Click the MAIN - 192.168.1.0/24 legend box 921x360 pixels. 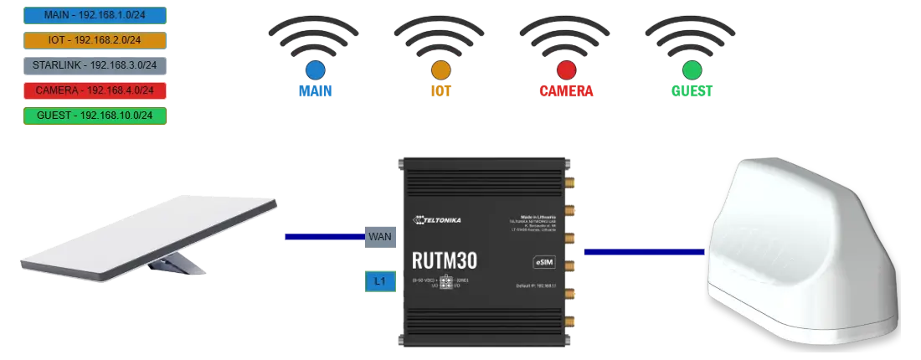click(x=94, y=14)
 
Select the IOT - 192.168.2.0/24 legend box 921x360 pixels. click(x=94, y=39)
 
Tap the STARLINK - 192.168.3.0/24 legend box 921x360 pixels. click(x=94, y=64)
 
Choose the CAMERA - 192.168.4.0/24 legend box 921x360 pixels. click(x=94, y=90)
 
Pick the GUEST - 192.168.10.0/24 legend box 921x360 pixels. click(x=94, y=116)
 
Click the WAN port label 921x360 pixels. click(x=379, y=237)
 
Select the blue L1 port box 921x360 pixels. click(x=379, y=282)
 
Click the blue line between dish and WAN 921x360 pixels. click(x=324, y=237)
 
